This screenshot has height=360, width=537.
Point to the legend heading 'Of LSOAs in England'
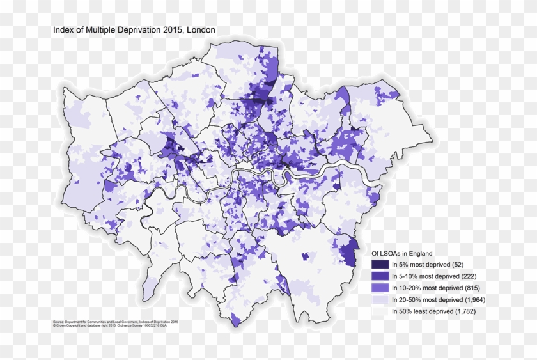pos(402,253)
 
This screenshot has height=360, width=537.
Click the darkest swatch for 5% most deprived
pos(380,265)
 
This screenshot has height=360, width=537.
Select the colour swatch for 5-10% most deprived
pos(380,276)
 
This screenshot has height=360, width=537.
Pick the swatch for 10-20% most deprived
pos(380,288)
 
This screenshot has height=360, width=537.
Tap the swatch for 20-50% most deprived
pos(380,299)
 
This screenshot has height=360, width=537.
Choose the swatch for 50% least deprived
pos(380,311)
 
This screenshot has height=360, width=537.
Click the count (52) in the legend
pos(458,265)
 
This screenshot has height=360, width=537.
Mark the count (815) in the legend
pos(473,288)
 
